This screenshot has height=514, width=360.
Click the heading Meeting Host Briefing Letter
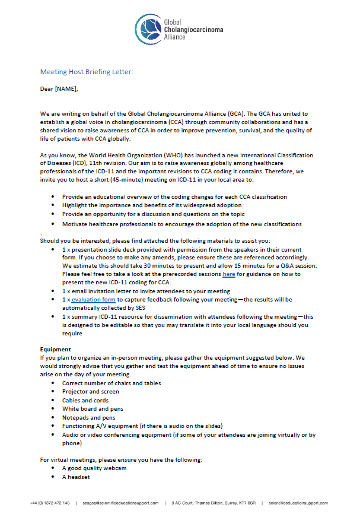(x=87, y=72)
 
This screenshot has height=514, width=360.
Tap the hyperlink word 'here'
(x=229, y=274)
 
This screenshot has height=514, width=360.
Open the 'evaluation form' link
(x=94, y=300)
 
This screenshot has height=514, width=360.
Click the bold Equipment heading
(x=56, y=349)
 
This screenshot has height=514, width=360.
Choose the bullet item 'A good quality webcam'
(x=94, y=468)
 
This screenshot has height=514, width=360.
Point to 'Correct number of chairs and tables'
(x=111, y=383)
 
